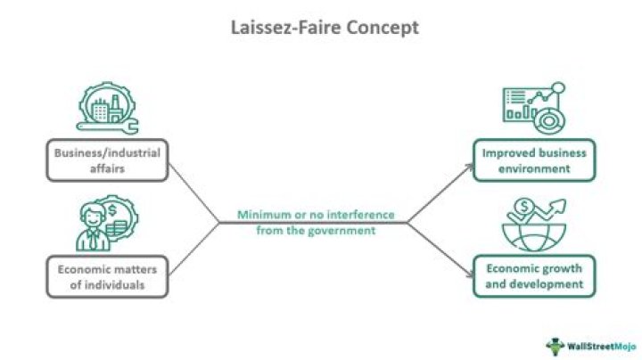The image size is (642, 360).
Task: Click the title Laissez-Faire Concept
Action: pos(320,28)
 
